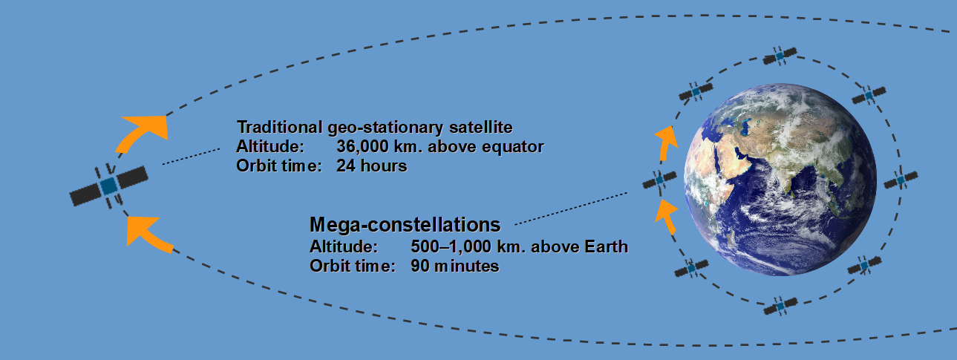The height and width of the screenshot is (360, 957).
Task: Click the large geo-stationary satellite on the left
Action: tap(109, 186)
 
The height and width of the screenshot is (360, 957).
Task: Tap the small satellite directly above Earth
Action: tap(780, 56)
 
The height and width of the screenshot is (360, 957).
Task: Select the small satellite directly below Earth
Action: tap(780, 307)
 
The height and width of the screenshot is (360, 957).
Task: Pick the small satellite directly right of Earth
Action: tap(901, 180)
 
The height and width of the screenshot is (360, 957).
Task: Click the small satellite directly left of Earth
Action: tap(659, 180)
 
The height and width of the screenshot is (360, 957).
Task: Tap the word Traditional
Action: tap(279, 127)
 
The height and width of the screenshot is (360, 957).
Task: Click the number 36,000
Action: tap(363, 147)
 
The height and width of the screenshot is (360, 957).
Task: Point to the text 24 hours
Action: tap(372, 166)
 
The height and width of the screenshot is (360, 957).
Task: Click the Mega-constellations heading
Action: tap(405, 225)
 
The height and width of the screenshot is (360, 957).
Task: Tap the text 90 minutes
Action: tap(455, 266)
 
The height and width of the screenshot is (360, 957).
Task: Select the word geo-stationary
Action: tap(386, 128)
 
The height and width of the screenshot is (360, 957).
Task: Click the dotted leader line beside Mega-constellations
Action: tap(571, 209)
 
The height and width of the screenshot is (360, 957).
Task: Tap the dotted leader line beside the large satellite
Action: tap(191, 157)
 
